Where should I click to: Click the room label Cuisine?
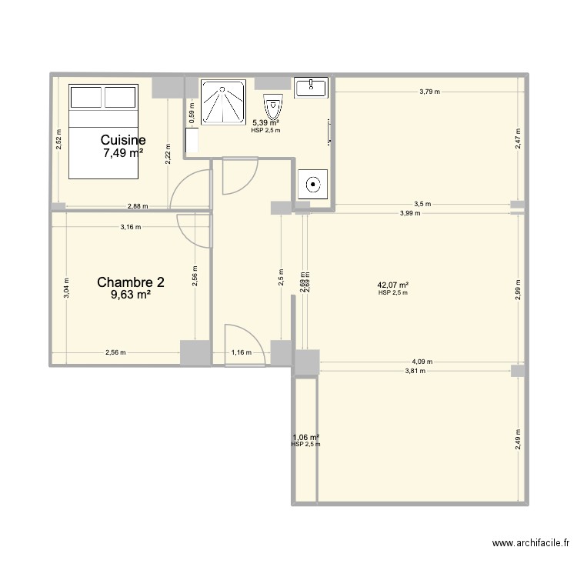[x=123, y=140]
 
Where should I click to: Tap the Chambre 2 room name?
[x=131, y=282]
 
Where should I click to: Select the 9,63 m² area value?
[x=131, y=295]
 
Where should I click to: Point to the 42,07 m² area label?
[x=392, y=285]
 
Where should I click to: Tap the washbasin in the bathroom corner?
[x=312, y=87]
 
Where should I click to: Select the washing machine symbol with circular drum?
[x=313, y=185]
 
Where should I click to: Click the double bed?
[x=104, y=131]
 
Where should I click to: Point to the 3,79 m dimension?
[x=429, y=92]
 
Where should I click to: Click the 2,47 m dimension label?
[x=518, y=138]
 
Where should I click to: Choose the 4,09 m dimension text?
[x=422, y=362]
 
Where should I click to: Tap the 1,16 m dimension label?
[x=241, y=352]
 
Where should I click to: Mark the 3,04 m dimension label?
[x=66, y=287]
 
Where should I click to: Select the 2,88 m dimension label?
[x=138, y=206]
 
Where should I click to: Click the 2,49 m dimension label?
[x=518, y=439]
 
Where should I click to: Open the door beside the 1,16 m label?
[x=243, y=343]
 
